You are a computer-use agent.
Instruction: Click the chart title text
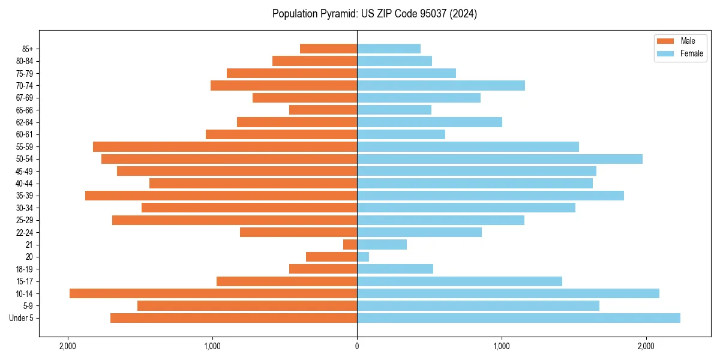pyautogui.click(x=374, y=14)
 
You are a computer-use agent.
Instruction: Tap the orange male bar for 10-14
pyautogui.click(x=213, y=293)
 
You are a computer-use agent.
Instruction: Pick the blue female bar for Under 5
pyautogui.click(x=518, y=318)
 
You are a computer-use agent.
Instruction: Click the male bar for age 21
pyautogui.click(x=350, y=244)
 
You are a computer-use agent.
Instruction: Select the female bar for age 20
pyautogui.click(x=363, y=257)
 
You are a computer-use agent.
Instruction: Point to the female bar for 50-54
pyautogui.click(x=499, y=159)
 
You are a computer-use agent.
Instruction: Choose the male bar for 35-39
pyautogui.click(x=221, y=196)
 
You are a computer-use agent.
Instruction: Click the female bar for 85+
pyautogui.click(x=389, y=49)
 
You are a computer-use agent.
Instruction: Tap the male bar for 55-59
pyautogui.click(x=225, y=146)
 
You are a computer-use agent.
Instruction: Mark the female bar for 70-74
pyautogui.click(x=441, y=85)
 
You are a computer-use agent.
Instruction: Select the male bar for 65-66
pyautogui.click(x=323, y=110)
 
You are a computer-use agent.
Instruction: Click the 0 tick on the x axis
pyautogui.click(x=357, y=346)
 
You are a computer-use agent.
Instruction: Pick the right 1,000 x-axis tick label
pyautogui.click(x=502, y=346)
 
